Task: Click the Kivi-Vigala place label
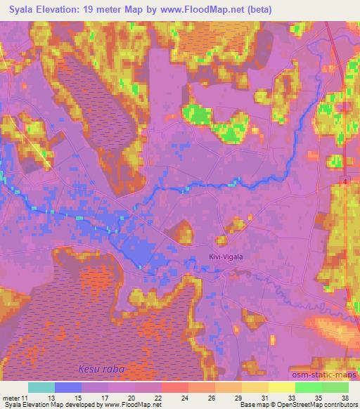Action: click(226, 257)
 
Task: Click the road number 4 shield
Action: click(347, 181)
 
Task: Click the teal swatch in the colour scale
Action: click(41, 387)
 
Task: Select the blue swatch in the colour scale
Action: click(68, 387)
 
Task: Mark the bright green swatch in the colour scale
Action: click(309, 387)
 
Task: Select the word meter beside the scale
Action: click(12, 397)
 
